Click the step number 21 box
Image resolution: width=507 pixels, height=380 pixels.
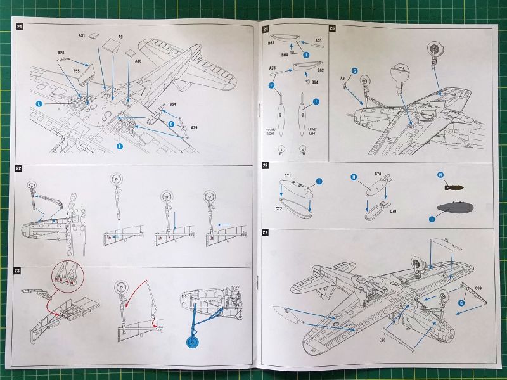tap(20, 27)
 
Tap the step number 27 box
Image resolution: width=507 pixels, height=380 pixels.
tap(266, 232)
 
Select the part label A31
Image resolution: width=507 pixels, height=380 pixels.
tap(82, 35)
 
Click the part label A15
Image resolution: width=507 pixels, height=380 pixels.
tap(138, 61)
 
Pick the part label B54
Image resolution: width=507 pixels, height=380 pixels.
tap(172, 104)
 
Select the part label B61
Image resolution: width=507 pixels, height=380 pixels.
tap(271, 43)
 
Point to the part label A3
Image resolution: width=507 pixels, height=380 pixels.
tap(343, 78)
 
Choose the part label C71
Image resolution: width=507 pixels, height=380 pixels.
tap(288, 175)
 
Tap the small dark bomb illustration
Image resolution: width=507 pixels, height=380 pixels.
tap(451, 187)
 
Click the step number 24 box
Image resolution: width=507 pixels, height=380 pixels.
tap(266, 29)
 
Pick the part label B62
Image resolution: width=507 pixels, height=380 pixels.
tap(321, 70)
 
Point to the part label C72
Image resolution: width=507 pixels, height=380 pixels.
tap(278, 208)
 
